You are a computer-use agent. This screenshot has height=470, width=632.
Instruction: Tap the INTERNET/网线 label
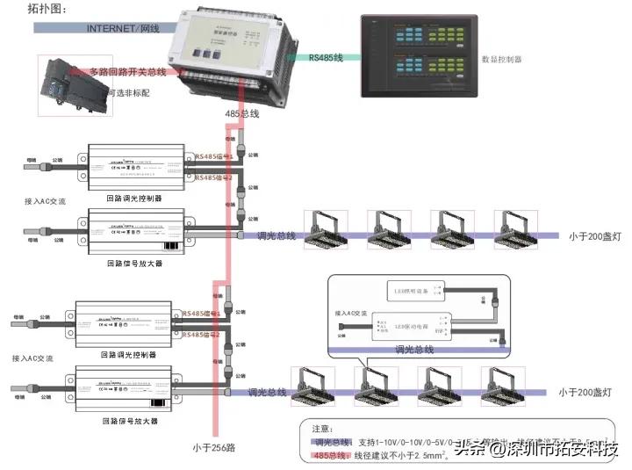click(123, 28)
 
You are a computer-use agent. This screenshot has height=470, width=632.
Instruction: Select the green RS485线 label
click(326, 57)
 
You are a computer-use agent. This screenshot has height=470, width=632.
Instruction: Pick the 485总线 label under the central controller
click(242, 114)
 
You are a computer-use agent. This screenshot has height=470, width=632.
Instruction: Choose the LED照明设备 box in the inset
click(411, 289)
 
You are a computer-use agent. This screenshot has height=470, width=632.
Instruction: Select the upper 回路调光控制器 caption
click(133, 199)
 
